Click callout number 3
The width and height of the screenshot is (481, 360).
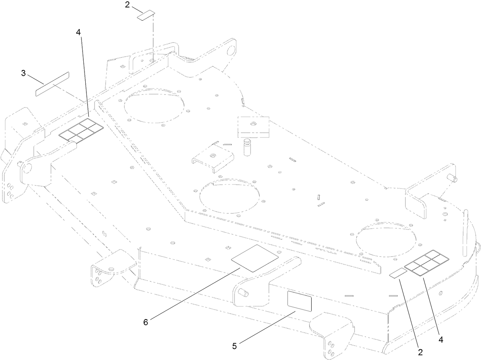click(23, 73)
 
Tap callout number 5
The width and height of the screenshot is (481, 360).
click(234, 346)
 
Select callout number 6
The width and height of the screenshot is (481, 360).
click(146, 322)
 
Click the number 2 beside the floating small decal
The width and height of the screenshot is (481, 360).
click(127, 5)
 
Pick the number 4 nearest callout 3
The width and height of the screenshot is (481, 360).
click(78, 32)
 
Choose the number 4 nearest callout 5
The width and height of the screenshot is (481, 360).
click(441, 340)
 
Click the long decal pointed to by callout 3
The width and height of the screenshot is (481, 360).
click(52, 84)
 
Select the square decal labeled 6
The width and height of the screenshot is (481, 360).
click(255, 258)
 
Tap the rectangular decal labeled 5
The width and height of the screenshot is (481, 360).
click(299, 301)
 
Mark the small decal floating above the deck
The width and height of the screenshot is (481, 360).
click(146, 15)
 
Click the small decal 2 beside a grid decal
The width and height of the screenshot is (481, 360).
click(398, 273)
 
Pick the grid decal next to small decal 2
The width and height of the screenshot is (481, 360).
click(426, 263)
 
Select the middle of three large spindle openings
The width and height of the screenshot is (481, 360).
click(230, 196)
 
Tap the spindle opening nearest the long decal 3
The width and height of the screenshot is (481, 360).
click(154, 106)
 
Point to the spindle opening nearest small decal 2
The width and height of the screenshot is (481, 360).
click(386, 240)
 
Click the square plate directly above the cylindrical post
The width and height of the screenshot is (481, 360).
click(253, 127)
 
